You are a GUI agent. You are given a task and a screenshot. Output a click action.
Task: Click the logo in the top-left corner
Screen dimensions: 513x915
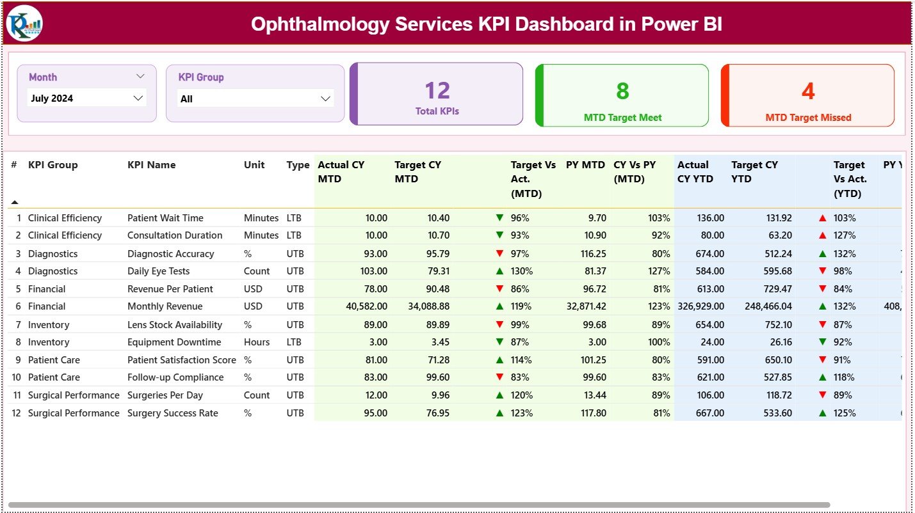24,23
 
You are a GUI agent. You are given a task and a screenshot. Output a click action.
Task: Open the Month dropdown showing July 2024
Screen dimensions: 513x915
87,99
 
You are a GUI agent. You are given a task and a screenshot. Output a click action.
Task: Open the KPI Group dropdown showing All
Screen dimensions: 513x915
255,99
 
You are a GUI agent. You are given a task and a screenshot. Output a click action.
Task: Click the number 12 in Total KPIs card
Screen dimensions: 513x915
437,91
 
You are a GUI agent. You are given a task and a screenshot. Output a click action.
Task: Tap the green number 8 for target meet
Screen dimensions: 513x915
622,91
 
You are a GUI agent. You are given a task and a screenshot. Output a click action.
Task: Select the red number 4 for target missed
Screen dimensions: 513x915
808,91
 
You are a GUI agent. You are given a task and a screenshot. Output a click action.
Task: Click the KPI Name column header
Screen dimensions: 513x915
151,165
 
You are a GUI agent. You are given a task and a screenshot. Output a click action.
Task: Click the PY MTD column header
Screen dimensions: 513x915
585,165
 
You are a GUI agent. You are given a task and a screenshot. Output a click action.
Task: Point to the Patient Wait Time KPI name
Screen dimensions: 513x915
165,218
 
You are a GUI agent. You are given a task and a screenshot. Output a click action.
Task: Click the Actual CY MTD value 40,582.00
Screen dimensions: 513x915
366,306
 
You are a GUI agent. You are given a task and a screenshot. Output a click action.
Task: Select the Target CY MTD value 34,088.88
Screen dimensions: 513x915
428,306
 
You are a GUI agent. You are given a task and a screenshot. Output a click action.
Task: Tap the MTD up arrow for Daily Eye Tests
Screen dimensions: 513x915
499,271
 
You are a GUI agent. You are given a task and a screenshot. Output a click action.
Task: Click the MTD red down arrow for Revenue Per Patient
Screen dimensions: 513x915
499,289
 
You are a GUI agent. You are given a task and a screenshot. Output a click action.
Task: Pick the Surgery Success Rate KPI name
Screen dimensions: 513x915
173,413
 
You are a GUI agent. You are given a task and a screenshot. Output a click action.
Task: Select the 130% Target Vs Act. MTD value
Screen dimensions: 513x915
521,271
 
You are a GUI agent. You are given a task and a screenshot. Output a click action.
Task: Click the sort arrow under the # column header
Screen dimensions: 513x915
15,202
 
